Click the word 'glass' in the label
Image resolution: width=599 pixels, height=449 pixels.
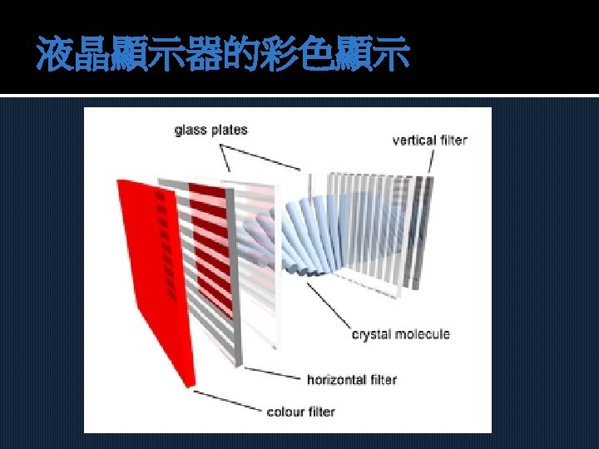pos(191,130)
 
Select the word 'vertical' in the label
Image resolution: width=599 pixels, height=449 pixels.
pos(416,140)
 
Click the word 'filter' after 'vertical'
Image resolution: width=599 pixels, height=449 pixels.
pos(454,140)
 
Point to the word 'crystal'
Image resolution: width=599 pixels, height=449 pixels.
pos(374,334)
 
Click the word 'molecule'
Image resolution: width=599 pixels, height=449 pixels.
pos(423,334)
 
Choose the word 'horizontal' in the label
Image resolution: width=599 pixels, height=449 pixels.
pos(336,379)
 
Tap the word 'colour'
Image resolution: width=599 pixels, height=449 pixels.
pos(285,412)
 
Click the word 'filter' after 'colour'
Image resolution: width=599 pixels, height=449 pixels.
pos(321,412)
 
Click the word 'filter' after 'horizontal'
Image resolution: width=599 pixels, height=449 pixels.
pos(383,379)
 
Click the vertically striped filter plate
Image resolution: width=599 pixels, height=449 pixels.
pos(383,224)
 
